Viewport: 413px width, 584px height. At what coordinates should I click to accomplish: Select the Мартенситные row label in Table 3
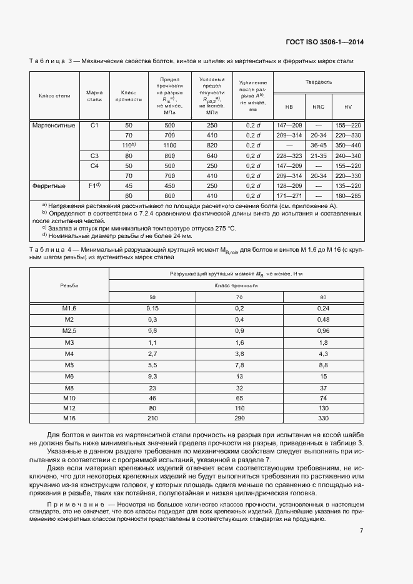click(x=54, y=126)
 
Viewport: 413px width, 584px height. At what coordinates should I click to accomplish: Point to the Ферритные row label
click(x=49, y=186)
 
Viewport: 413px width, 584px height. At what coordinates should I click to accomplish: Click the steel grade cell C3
click(x=94, y=156)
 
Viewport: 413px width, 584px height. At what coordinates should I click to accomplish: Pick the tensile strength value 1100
click(x=170, y=146)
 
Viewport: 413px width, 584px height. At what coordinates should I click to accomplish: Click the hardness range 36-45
click(x=319, y=146)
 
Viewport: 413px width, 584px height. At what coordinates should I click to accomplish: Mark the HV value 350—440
click(x=348, y=146)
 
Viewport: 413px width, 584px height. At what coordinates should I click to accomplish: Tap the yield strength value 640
click(x=212, y=156)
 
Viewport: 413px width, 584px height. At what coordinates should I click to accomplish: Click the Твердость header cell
click(x=319, y=82)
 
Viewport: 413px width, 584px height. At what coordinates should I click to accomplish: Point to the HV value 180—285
click(x=348, y=195)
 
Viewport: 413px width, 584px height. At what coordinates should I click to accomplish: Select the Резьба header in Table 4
click(x=69, y=285)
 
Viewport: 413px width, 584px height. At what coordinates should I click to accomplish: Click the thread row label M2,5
click(x=69, y=330)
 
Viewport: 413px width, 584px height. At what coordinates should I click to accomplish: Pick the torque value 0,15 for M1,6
click(x=152, y=308)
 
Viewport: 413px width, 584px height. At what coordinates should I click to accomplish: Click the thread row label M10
click(x=69, y=398)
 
